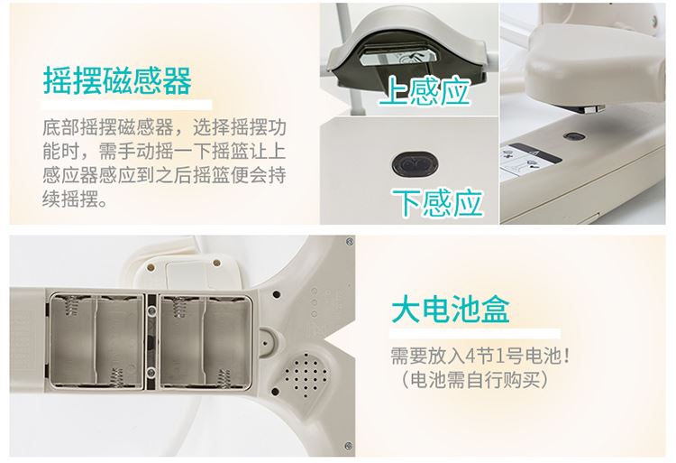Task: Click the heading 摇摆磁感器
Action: (117, 81)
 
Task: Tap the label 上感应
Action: (425, 90)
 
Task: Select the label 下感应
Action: (437, 202)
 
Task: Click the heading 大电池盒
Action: (451, 309)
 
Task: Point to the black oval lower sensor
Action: (415, 164)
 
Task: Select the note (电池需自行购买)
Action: (475, 380)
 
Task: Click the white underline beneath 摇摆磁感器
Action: (127, 105)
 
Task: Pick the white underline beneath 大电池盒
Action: (475, 334)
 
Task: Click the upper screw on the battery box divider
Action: (151, 310)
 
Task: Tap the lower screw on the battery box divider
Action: (151, 372)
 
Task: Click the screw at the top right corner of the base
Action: (350, 242)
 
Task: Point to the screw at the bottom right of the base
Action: (348, 445)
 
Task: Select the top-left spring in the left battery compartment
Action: (71, 305)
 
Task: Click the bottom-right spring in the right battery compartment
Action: (225, 378)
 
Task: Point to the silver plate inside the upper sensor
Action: (397, 57)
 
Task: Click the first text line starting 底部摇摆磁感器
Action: (164, 127)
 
